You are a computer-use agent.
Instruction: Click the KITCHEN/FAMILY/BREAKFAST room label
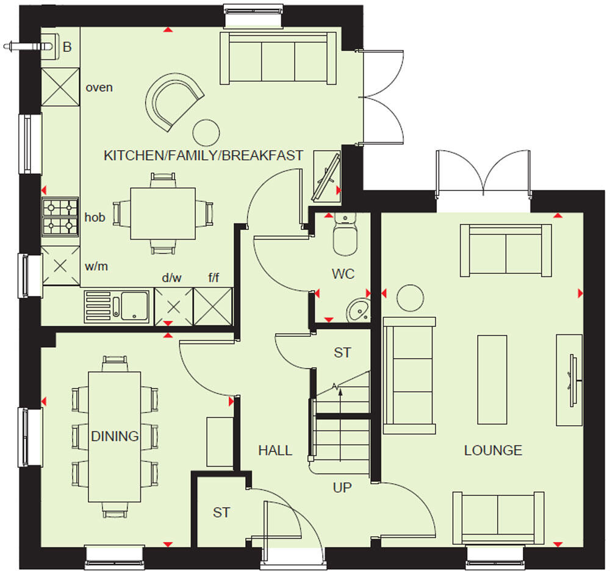point(203,156)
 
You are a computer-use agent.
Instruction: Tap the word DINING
point(115,436)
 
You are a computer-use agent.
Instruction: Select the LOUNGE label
point(493,451)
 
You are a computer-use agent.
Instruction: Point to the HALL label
point(274,451)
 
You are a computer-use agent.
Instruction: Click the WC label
point(343,274)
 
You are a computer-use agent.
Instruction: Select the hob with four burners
point(60,217)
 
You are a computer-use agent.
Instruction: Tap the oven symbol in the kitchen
point(60,87)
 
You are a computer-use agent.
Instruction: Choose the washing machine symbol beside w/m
point(60,265)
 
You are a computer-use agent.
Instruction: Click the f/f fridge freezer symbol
point(213,305)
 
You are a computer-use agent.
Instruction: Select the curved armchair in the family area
point(173,101)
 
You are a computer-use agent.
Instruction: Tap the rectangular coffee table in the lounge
point(492,379)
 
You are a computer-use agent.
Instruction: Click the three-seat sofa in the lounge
point(409,372)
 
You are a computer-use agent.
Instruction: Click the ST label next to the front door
point(221,512)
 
